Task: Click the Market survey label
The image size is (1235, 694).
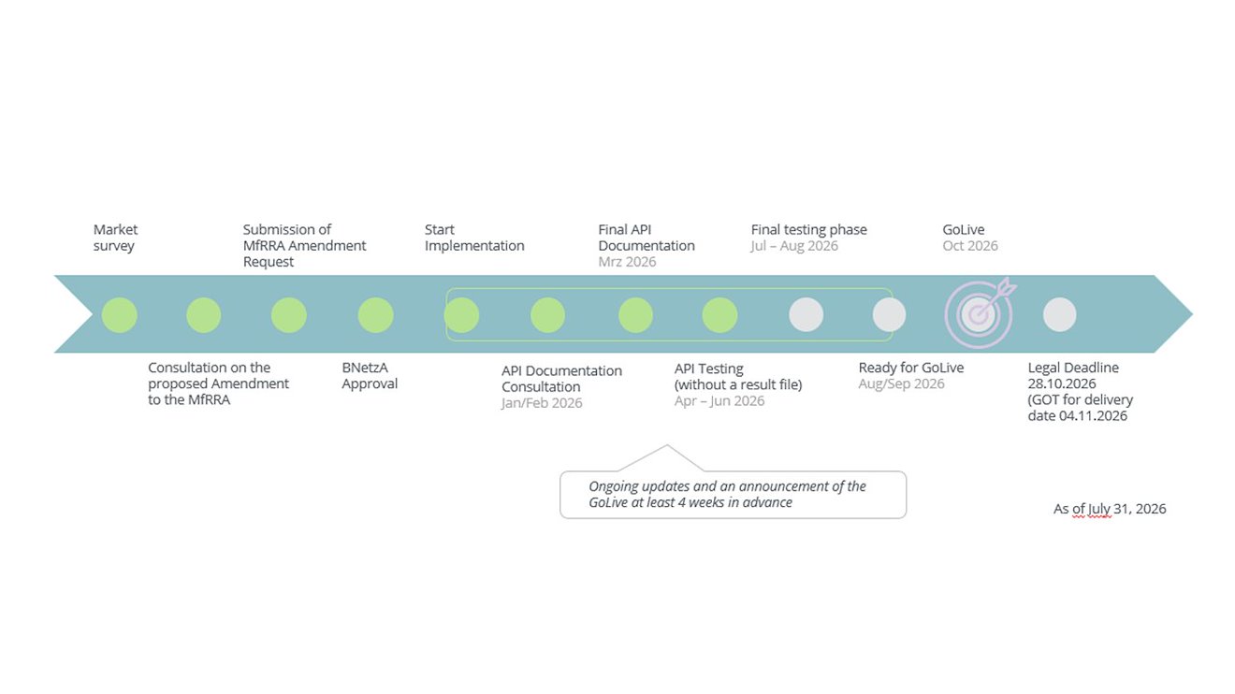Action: [x=115, y=238]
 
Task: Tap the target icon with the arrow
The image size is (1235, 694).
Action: [x=980, y=313]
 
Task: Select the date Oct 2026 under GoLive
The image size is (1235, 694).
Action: [x=970, y=246]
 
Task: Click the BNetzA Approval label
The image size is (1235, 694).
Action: [x=370, y=375]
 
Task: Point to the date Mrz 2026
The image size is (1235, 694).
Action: [x=627, y=262]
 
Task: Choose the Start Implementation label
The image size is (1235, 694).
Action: [x=474, y=238]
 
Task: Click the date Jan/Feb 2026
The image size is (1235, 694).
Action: [x=542, y=403]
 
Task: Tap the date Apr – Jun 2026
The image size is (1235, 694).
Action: [x=719, y=400]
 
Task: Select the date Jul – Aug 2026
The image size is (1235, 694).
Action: [x=794, y=246]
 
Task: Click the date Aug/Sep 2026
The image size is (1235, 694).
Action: [x=901, y=383]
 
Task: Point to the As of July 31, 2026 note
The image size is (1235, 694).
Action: [x=1110, y=509]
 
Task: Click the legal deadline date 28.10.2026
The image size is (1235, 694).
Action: [x=1061, y=383]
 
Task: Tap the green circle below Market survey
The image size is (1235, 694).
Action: [x=119, y=315]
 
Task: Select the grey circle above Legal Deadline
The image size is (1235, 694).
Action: [x=1059, y=315]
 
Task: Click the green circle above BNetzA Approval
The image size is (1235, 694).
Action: [x=375, y=315]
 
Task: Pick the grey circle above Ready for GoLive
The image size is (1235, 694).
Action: [x=889, y=315]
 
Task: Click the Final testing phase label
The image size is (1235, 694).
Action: [x=808, y=230]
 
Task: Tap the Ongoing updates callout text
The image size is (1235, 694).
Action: [x=727, y=495]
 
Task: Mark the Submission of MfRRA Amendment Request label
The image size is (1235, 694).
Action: [x=304, y=246]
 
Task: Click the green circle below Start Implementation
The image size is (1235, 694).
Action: [x=461, y=315]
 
